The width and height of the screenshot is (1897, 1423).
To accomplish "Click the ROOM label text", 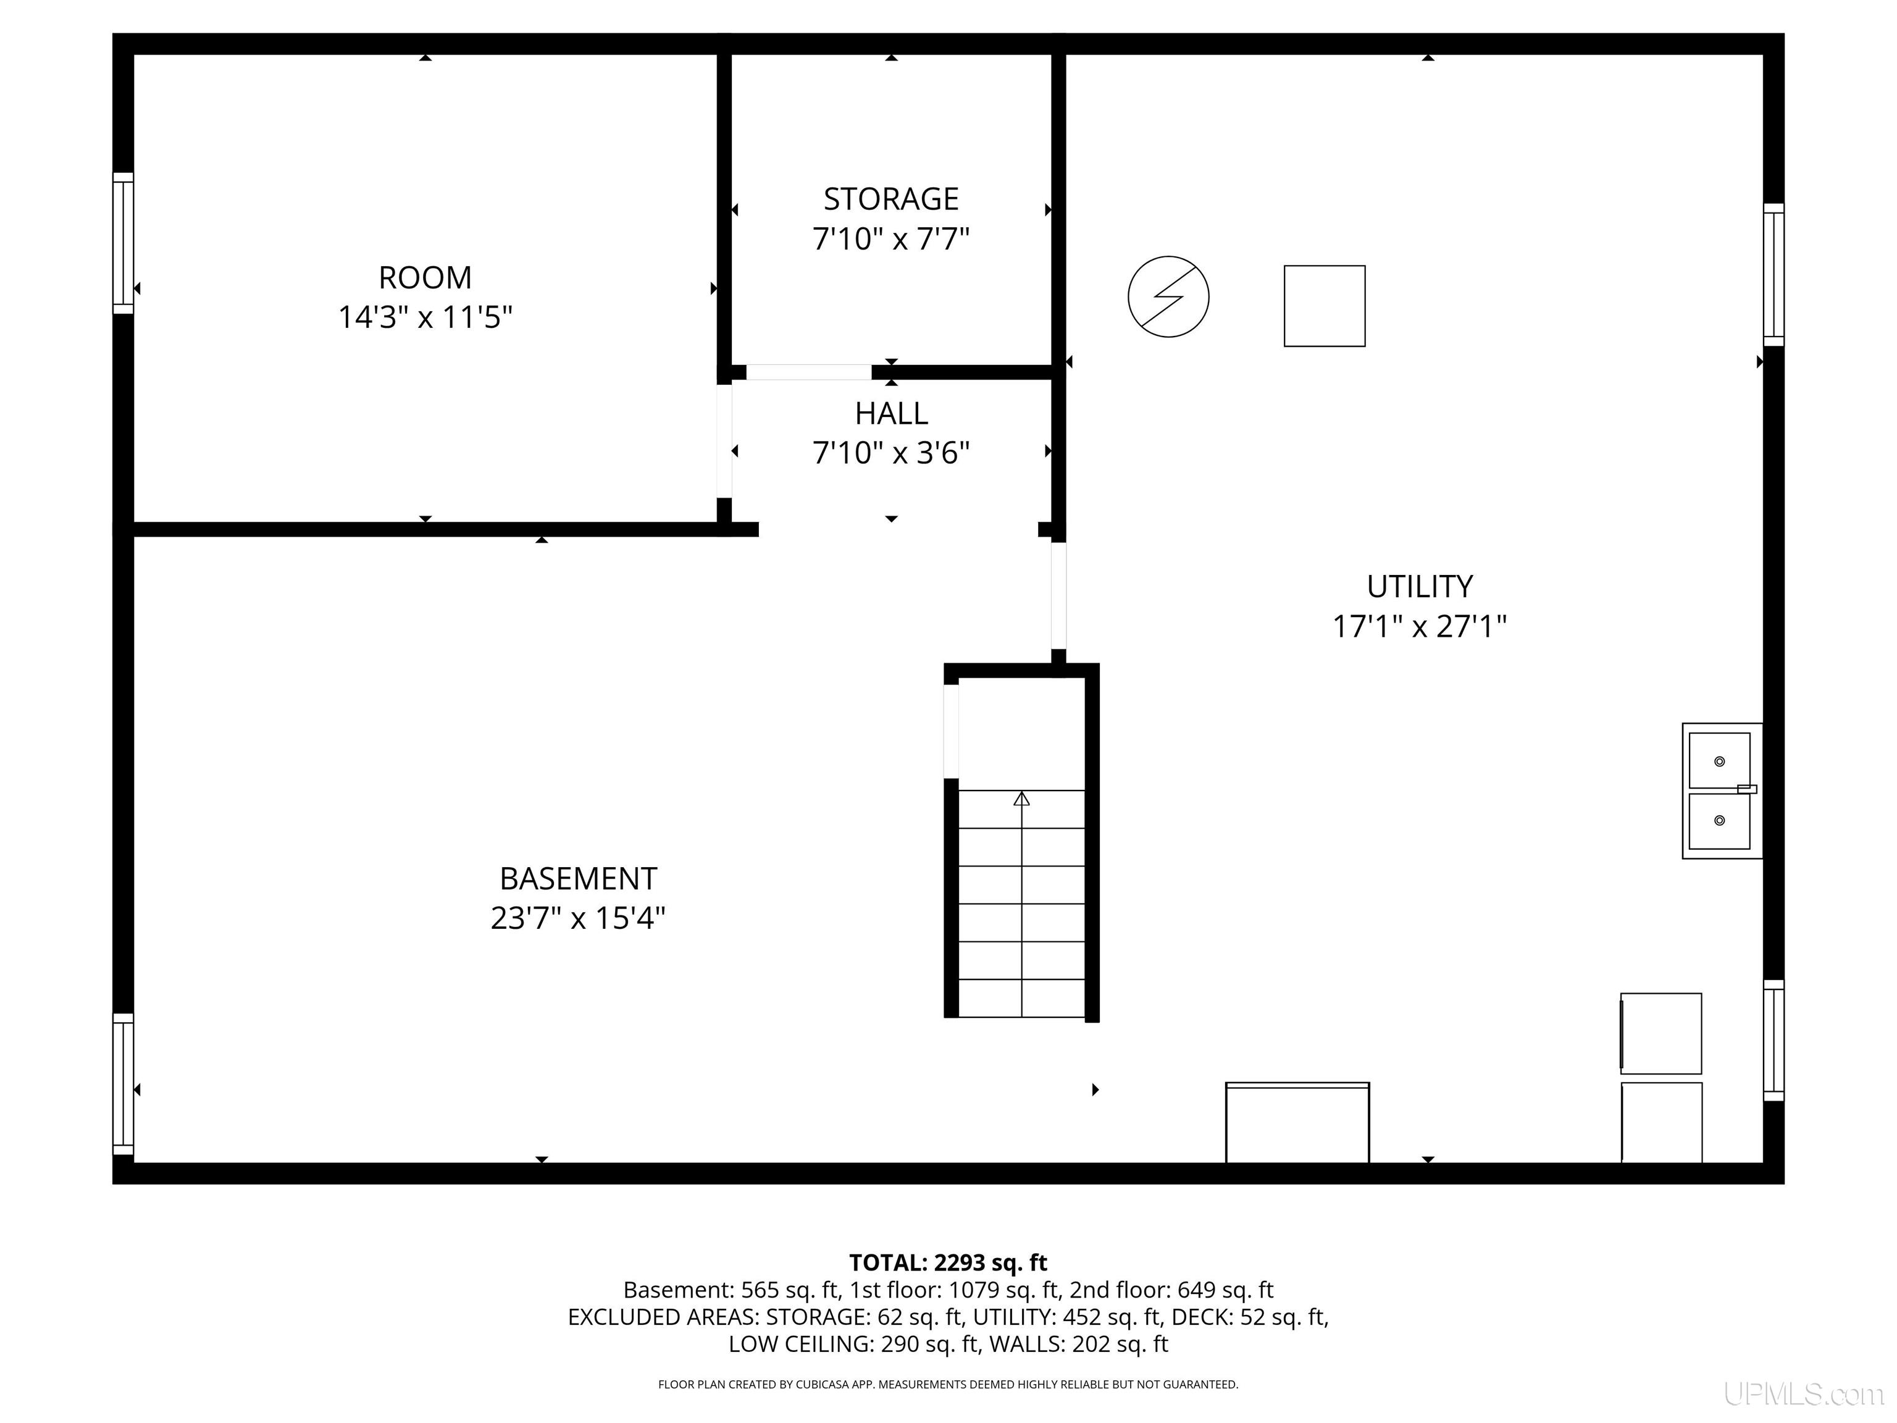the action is (425, 277).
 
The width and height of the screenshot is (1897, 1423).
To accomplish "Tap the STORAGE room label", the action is (891, 199).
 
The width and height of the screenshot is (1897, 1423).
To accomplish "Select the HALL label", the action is (891, 413).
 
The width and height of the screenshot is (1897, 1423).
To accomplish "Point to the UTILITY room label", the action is (1419, 587).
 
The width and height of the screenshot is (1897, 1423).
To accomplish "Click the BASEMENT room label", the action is (578, 879).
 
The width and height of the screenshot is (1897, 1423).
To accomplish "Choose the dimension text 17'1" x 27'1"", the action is (1419, 626).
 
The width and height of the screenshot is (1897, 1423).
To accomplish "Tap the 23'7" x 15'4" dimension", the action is (578, 918).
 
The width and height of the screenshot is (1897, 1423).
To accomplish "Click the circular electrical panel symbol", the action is (1168, 296).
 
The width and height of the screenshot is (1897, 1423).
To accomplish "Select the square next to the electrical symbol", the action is (1324, 306).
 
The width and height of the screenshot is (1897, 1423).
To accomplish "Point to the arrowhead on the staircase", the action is (1021, 799).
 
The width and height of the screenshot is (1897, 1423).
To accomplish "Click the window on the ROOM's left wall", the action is (124, 243).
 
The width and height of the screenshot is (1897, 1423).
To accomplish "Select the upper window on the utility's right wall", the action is (1773, 274).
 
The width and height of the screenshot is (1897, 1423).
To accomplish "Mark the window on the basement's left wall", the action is (124, 1084).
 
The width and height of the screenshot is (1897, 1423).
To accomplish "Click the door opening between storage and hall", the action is (809, 372).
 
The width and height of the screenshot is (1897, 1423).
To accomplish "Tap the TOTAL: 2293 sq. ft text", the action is (948, 1262).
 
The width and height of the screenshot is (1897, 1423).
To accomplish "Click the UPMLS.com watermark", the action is (1804, 1395).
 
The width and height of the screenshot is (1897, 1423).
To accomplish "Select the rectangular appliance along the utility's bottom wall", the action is (1297, 1123).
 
